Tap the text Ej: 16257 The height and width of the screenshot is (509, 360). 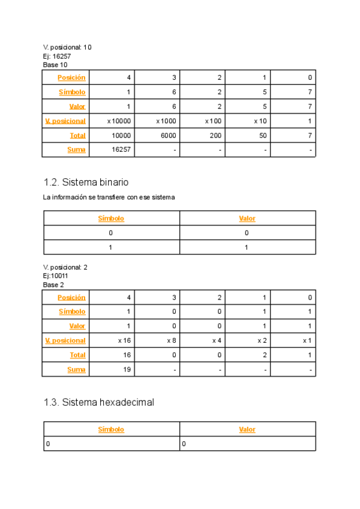click(x=57, y=56)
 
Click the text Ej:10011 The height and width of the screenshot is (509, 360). click(x=56, y=276)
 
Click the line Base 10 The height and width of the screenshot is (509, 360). click(x=55, y=64)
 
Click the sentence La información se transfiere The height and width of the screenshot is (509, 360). click(x=109, y=197)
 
